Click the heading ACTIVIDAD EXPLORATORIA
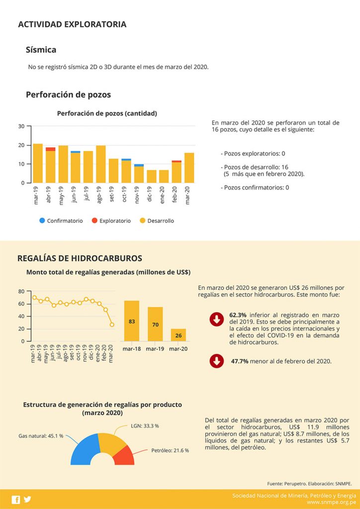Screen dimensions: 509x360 [x=72, y=24]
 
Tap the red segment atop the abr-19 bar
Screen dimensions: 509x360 [x=50, y=149]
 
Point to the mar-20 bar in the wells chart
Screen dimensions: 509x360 [x=189, y=168]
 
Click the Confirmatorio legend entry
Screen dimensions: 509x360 [x=61, y=221]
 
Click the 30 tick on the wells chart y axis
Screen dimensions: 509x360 [x=21, y=126]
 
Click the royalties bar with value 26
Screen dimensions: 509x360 [x=179, y=335]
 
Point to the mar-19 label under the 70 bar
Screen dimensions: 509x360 [x=155, y=348]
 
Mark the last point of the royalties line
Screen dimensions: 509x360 [x=112, y=325]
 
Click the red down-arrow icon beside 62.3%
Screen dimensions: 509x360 [x=217, y=320]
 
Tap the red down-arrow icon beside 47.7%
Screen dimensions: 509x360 [x=217, y=361]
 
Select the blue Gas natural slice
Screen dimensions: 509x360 [x=84, y=449]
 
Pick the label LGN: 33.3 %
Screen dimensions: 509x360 [x=144, y=426]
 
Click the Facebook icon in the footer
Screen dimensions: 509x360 [x=16, y=500]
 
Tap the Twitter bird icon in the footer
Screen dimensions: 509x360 [x=27, y=500]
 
